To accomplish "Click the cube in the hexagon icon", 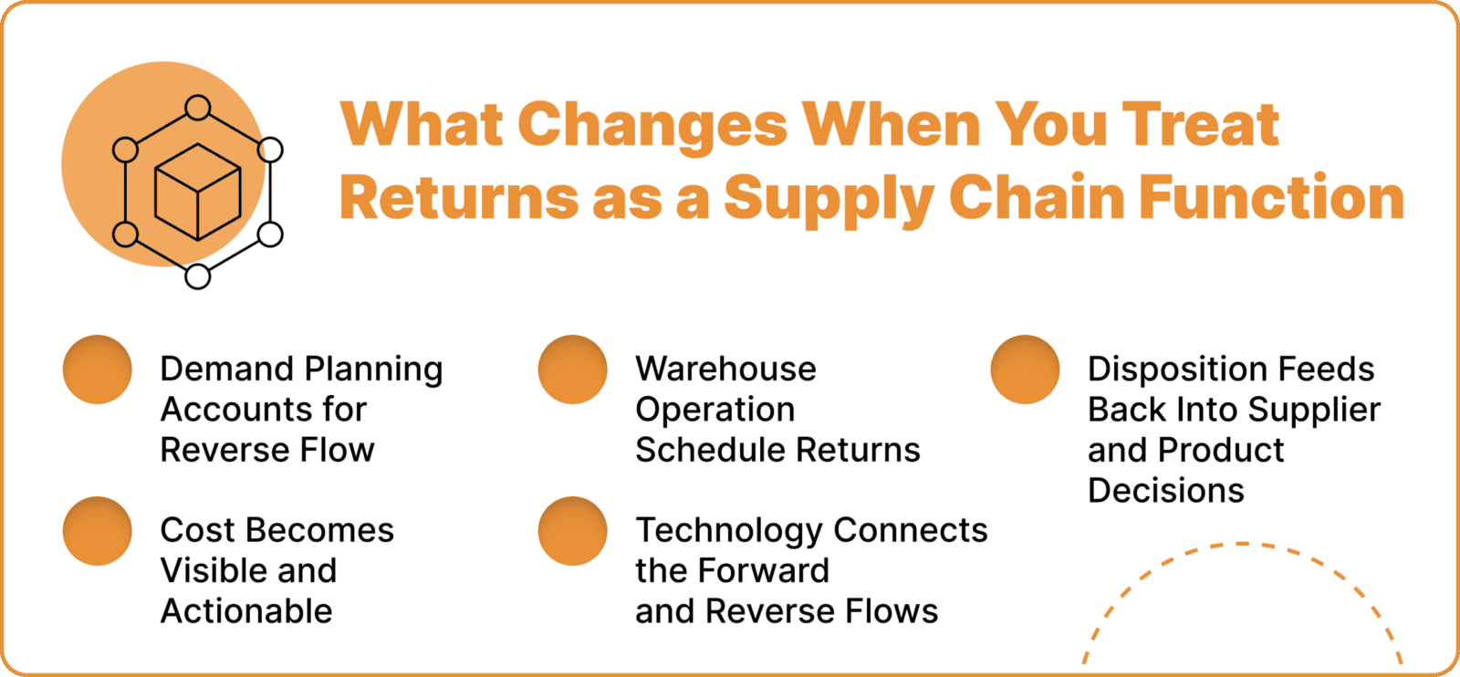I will [x=197, y=192].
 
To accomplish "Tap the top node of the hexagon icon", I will [x=197, y=108].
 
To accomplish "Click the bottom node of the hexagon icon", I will [x=197, y=276].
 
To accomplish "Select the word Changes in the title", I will [x=652, y=124].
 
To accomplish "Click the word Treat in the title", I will [x=1200, y=124].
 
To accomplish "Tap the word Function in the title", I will [x=1271, y=197].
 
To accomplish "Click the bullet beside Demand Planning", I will [x=98, y=370].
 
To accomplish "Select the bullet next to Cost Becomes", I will [x=98, y=531].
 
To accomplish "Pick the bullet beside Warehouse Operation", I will [x=573, y=370].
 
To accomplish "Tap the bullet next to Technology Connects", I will [x=573, y=531].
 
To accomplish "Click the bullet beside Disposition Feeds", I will [x=1026, y=370].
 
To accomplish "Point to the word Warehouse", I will [x=725, y=369].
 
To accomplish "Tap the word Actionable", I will [x=246, y=611].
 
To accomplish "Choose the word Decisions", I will [x=1165, y=491].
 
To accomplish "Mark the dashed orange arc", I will [x=1241, y=546].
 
